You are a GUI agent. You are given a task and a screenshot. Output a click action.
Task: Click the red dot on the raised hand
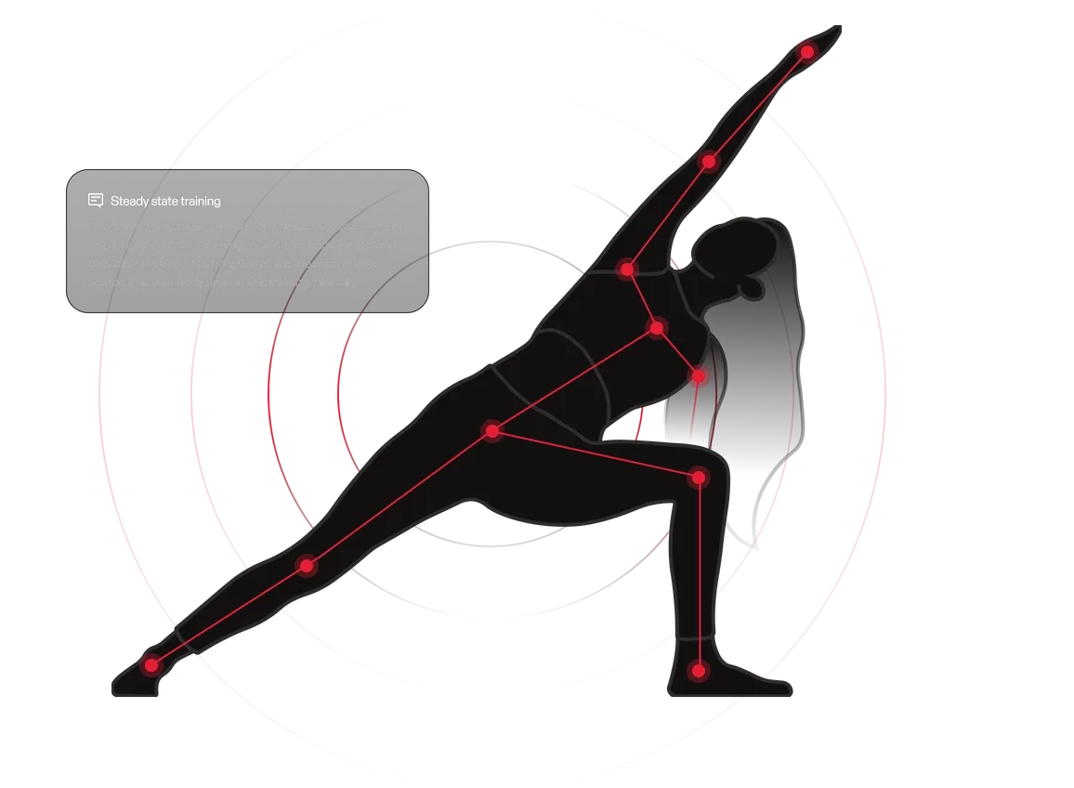tap(806, 52)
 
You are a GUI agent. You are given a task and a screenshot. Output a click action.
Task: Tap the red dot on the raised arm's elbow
tap(709, 162)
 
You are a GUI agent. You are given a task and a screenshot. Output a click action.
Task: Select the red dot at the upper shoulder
tap(627, 269)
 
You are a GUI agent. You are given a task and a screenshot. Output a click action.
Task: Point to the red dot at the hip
tap(492, 431)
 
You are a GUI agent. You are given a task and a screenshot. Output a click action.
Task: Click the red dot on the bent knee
tap(699, 478)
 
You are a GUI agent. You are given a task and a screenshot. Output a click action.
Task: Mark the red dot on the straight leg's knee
tap(307, 565)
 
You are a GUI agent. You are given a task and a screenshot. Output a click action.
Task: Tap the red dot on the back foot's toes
tap(151, 664)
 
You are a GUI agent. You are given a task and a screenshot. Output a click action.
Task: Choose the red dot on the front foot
tap(699, 669)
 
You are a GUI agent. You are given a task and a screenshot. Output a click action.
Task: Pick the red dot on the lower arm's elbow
tap(698, 376)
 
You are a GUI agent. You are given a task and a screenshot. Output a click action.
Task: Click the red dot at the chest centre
tap(658, 327)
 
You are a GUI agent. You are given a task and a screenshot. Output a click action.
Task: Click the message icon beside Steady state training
tap(95, 201)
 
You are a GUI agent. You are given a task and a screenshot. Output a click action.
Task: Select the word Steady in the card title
tap(127, 201)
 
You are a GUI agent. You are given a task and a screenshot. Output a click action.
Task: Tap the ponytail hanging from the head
tap(790, 372)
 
